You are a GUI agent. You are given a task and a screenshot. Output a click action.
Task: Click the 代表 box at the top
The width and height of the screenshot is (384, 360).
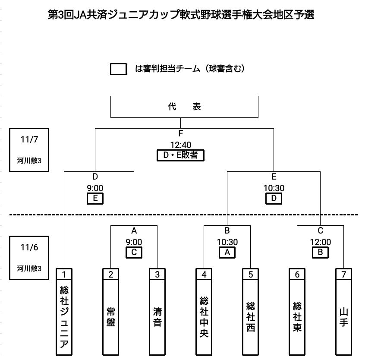(x=185, y=107)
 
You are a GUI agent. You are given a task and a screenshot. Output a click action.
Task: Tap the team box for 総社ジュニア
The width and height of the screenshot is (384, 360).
(x=64, y=317)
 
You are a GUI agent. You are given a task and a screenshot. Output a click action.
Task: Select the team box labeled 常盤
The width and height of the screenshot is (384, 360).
(x=110, y=317)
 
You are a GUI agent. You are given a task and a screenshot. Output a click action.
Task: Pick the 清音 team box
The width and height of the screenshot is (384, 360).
(x=157, y=317)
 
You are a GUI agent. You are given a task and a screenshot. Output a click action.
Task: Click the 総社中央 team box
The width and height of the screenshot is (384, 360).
(x=204, y=317)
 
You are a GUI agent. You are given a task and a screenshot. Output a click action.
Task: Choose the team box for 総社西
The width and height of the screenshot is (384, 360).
(x=250, y=317)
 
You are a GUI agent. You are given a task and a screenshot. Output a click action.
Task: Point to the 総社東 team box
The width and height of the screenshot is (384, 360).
(x=297, y=317)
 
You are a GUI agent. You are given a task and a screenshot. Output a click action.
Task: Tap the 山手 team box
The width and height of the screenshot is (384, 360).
(x=343, y=317)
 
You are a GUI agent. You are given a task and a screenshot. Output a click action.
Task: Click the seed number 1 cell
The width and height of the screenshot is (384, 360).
(x=64, y=274)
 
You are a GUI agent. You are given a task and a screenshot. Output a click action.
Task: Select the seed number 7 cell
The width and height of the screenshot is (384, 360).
(x=343, y=274)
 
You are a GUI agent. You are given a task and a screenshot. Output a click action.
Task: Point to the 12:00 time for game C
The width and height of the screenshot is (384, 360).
(x=320, y=243)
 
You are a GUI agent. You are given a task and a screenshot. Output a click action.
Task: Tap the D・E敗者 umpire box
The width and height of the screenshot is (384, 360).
(x=180, y=155)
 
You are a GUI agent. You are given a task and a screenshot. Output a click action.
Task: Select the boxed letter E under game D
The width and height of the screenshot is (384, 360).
(x=95, y=199)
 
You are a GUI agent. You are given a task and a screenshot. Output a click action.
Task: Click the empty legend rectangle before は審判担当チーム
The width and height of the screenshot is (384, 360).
(x=118, y=69)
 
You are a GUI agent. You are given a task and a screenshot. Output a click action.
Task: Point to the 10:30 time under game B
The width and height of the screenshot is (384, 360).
(x=227, y=243)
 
